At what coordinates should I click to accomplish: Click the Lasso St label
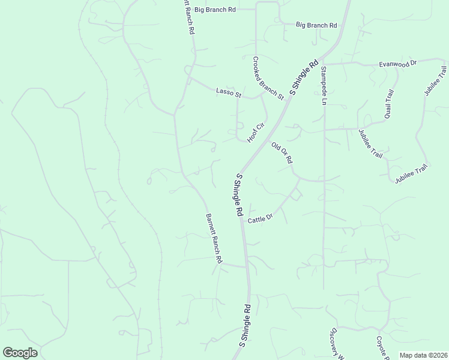(x=228, y=92)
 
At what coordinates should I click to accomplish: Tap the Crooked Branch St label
(x=268, y=78)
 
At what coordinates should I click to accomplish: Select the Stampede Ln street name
(x=322, y=86)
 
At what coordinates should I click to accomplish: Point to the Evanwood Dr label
(x=397, y=63)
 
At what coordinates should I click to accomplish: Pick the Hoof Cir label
(x=256, y=133)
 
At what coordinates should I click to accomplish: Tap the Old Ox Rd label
(x=282, y=152)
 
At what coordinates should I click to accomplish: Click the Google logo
(x=20, y=352)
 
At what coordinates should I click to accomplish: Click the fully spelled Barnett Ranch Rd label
(x=214, y=239)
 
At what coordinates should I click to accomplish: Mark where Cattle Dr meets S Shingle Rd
(x=242, y=220)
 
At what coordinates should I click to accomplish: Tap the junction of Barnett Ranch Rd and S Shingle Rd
(x=246, y=266)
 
